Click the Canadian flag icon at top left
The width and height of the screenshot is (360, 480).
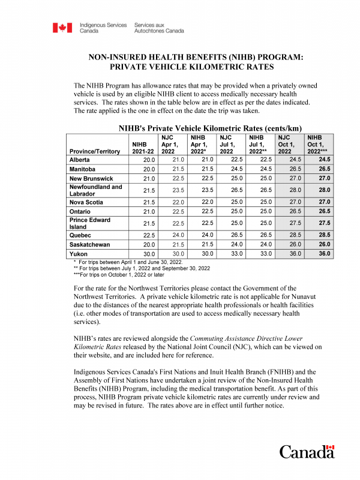coord(62,28)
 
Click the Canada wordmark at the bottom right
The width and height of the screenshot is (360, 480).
coord(307,452)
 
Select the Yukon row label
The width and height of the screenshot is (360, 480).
coord(80,254)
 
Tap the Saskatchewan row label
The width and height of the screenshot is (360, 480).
coord(91,245)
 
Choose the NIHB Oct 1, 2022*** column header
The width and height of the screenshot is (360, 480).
coord(319,145)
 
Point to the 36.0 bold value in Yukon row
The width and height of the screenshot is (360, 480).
coord(324,254)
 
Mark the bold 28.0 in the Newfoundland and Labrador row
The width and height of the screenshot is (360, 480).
coord(324,190)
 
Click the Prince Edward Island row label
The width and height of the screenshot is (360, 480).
coord(89,224)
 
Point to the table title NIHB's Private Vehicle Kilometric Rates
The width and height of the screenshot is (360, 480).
coord(209,128)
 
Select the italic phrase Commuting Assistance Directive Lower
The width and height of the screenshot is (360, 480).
coord(247,339)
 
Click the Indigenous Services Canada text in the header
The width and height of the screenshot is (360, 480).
coord(103,28)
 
